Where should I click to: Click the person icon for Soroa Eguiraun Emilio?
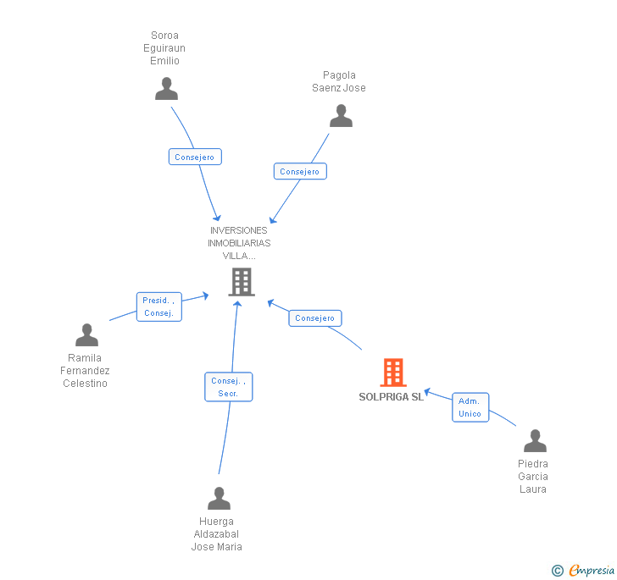pyautogui.click(x=167, y=89)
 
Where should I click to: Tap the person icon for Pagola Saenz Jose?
pyautogui.click(x=341, y=116)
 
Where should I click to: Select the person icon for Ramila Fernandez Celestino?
pyautogui.click(x=86, y=335)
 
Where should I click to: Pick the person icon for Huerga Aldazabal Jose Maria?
pyautogui.click(x=219, y=499)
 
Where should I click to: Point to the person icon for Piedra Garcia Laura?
pyautogui.click(x=535, y=441)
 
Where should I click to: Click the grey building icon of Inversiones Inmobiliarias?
pyautogui.click(x=242, y=282)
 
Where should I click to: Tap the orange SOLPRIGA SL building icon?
pyautogui.click(x=392, y=373)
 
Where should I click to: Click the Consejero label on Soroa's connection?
pyautogui.click(x=195, y=157)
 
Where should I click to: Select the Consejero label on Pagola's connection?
pyautogui.click(x=300, y=171)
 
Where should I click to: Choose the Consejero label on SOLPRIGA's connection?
pyautogui.click(x=315, y=318)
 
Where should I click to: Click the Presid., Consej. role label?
pyautogui.click(x=159, y=307)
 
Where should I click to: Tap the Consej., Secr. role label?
pyautogui.click(x=228, y=387)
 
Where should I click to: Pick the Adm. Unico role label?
pyautogui.click(x=470, y=407)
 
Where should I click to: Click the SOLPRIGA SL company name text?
pyautogui.click(x=391, y=397)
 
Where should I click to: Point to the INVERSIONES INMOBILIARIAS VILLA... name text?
pyautogui.click(x=239, y=243)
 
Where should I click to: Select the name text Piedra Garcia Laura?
pyautogui.click(x=533, y=476)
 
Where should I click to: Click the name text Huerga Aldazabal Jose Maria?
pyautogui.click(x=217, y=533)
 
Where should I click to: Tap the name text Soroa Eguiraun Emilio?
pyautogui.click(x=164, y=48)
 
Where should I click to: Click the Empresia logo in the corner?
pyautogui.click(x=584, y=570)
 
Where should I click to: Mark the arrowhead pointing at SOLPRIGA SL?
pyautogui.click(x=429, y=392)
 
